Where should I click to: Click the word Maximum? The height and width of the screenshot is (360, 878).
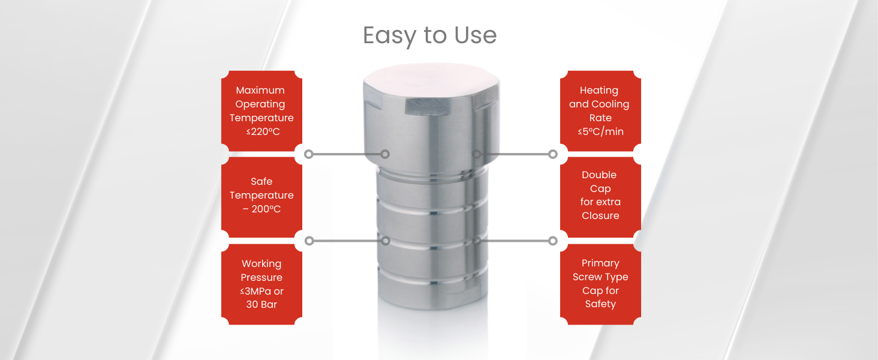(260, 90)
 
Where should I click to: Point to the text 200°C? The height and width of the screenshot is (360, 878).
(268, 209)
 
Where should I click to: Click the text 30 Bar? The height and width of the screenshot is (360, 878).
(261, 304)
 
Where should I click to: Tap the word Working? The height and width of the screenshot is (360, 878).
(261, 263)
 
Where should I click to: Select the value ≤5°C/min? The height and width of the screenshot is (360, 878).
(600, 131)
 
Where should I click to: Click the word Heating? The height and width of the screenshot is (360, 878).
(599, 90)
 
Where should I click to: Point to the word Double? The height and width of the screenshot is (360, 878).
(599, 175)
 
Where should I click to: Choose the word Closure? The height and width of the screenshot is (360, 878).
(600, 215)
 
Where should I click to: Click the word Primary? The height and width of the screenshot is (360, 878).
(600, 263)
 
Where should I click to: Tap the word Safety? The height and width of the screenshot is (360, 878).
(600, 304)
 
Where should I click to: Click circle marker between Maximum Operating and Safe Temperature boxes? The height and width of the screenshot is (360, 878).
(309, 154)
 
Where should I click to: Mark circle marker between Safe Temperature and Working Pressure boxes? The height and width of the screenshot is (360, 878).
(309, 241)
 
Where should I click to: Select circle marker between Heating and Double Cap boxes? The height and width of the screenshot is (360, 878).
(553, 154)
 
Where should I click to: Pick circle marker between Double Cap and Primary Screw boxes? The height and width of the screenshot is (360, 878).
(553, 241)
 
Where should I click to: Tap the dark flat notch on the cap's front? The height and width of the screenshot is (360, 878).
(426, 106)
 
